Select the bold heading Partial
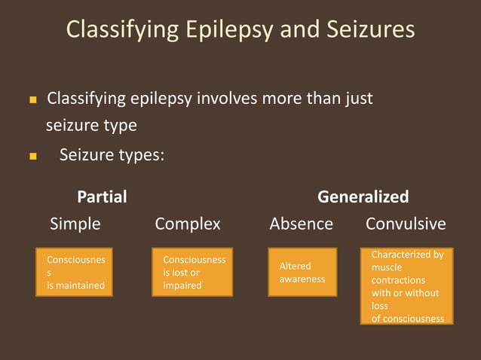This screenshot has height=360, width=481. point(102,197)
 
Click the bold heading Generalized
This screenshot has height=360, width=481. point(363,197)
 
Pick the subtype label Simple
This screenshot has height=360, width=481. point(75,224)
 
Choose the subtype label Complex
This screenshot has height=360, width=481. point(188,224)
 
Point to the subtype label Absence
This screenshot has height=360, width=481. point(301,224)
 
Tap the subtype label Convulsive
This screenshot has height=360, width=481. point(406,224)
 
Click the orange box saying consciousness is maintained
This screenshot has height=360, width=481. point(75,272)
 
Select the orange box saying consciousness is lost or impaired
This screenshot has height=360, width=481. point(192,272)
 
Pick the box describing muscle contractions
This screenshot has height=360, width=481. point(407,286)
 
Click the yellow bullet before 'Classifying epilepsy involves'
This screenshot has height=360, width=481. point(32,100)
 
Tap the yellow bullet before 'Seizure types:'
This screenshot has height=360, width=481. point(32,157)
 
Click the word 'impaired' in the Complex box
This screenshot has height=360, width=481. point(182,285)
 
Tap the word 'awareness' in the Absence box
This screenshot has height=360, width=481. point(302,279)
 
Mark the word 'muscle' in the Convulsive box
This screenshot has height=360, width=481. point(387,267)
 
